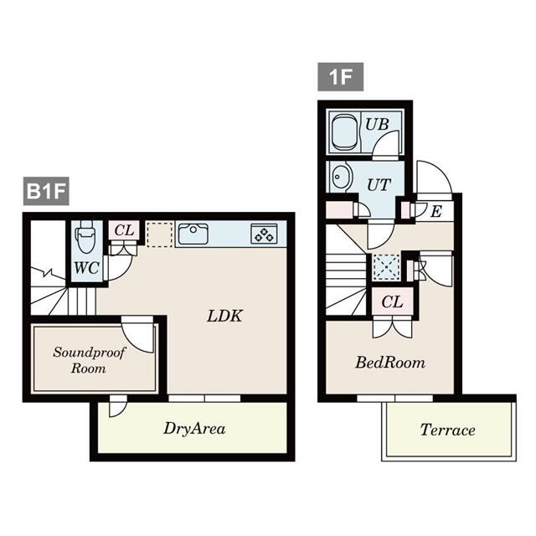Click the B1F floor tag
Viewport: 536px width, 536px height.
click(45, 192)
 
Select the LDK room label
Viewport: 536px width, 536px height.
click(225, 316)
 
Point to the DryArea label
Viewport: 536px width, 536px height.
click(194, 429)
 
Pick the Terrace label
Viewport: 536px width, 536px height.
click(447, 430)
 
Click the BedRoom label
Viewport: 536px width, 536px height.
click(390, 363)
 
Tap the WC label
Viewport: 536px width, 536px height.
click(87, 269)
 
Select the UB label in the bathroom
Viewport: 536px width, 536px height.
click(377, 124)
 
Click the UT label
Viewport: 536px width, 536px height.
click(379, 185)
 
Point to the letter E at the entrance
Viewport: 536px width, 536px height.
click(435, 211)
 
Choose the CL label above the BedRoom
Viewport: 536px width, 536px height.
click(391, 301)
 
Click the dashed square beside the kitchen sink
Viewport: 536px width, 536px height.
click(159, 234)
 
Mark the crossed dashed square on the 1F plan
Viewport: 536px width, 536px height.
click(388, 266)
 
